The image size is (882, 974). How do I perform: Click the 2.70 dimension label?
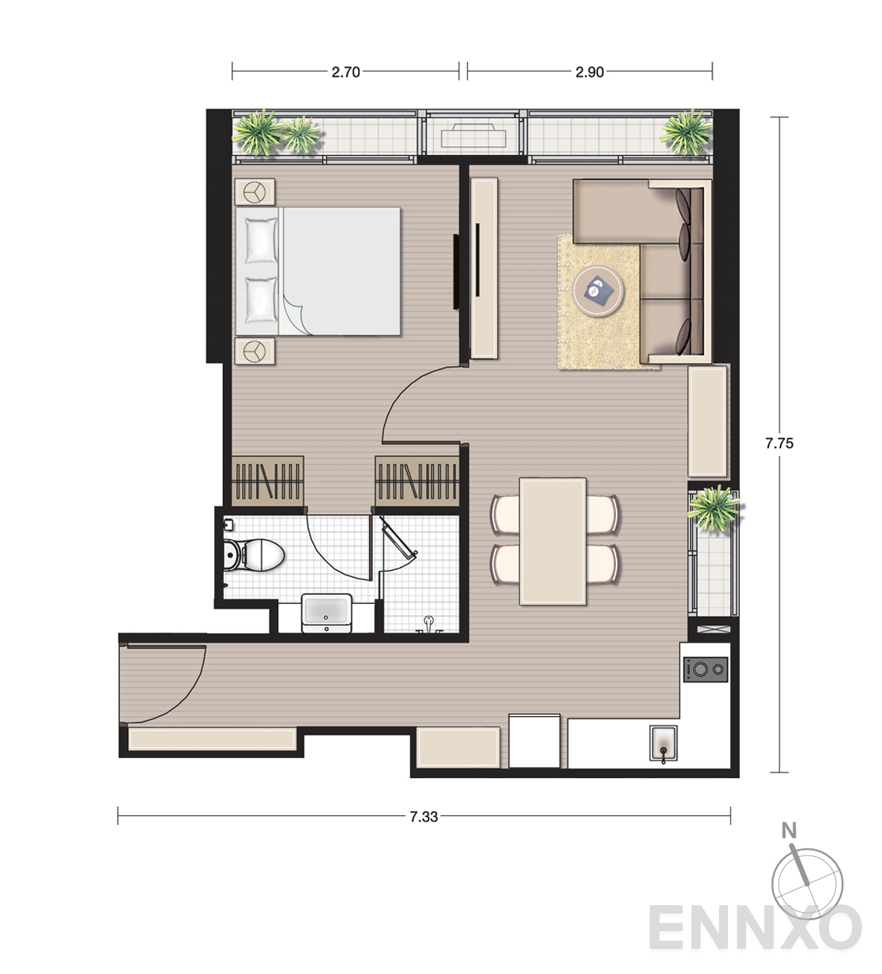point(345,73)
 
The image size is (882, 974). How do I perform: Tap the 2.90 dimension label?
point(590,73)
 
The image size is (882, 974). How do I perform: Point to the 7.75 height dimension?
point(779,444)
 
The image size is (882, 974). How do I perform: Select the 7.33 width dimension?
point(424,817)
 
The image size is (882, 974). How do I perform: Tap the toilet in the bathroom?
point(254,554)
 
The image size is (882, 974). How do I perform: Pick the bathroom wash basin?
point(326,613)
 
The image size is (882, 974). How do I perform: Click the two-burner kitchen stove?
point(705,670)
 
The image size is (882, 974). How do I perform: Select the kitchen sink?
point(663,743)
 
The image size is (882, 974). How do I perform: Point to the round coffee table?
point(598,290)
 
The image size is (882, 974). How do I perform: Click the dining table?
point(552,542)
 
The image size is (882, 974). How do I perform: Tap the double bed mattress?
point(318,271)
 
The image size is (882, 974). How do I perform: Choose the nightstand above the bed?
point(254,192)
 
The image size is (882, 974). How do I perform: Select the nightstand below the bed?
point(254,351)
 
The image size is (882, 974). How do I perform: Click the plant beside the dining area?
point(714,508)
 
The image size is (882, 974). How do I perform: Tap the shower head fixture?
point(428,624)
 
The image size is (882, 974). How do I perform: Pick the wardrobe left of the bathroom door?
point(267,481)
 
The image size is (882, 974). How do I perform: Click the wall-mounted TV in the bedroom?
point(456,271)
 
